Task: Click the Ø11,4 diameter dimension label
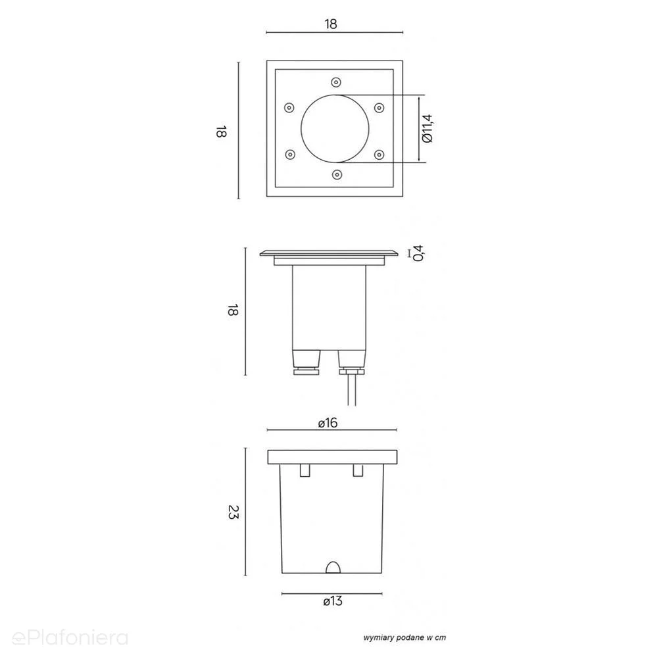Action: pyautogui.click(x=427, y=129)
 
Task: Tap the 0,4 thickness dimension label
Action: pyautogui.click(x=418, y=253)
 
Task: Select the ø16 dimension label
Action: pyautogui.click(x=328, y=423)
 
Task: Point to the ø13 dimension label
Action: pyautogui.click(x=333, y=601)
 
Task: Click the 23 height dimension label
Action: pyautogui.click(x=233, y=512)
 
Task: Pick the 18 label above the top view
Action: pyautogui.click(x=331, y=24)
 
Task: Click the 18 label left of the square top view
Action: pyautogui.click(x=221, y=131)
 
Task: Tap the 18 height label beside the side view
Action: pyautogui.click(x=233, y=310)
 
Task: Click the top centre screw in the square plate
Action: pyautogui.click(x=336, y=82)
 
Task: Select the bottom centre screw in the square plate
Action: pyautogui.click(x=337, y=174)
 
